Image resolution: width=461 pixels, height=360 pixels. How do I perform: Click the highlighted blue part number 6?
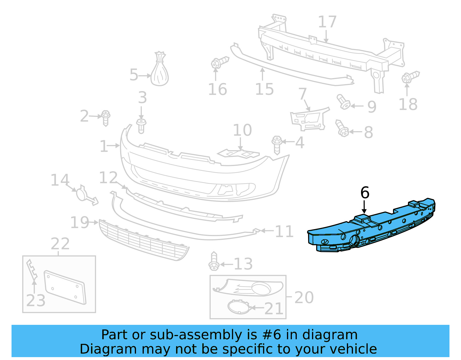click(372, 228)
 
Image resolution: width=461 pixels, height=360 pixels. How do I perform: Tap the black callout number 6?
click(365, 193)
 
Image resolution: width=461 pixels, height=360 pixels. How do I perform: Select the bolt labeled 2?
click(106, 118)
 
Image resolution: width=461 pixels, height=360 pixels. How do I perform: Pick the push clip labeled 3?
click(141, 126)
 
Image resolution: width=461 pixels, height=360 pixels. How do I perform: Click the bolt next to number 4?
click(277, 145)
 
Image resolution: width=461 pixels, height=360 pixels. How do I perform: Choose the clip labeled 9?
click(343, 102)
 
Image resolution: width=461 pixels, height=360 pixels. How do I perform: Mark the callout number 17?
click(327, 22)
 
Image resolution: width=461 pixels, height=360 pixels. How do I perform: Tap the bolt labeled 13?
click(214, 261)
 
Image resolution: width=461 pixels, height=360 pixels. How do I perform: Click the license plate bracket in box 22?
click(65, 287)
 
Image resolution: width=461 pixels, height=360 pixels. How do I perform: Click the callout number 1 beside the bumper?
click(104, 146)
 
